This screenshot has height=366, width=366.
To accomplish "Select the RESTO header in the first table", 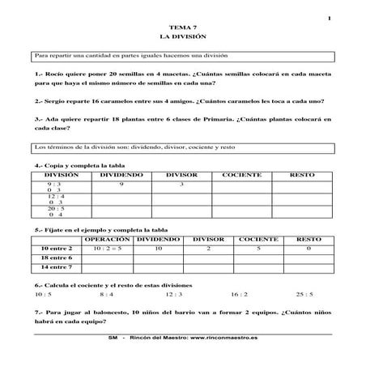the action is (301, 174).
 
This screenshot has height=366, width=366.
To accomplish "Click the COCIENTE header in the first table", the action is (241, 174).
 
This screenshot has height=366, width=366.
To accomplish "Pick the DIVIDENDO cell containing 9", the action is (121, 184).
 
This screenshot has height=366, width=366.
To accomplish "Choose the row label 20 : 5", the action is (56, 208).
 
